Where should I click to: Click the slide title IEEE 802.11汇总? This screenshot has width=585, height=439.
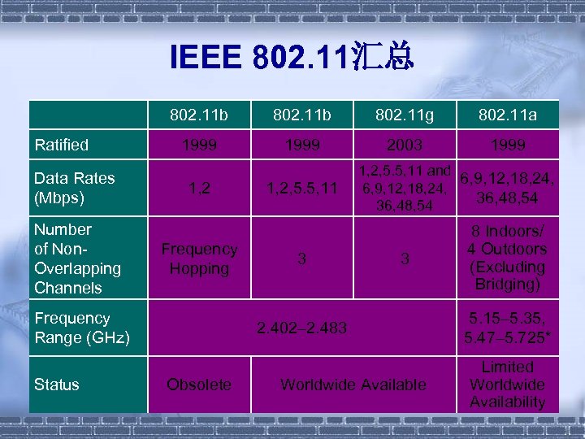(x=292, y=58)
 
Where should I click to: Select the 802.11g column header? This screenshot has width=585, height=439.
(x=405, y=116)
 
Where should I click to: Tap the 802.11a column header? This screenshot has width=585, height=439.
(x=508, y=116)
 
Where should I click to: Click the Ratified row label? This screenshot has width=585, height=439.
(x=61, y=145)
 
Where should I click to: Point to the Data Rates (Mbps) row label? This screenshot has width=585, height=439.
(x=75, y=188)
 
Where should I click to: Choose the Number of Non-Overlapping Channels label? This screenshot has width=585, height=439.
(x=77, y=259)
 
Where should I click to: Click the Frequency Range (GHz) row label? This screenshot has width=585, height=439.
(x=81, y=328)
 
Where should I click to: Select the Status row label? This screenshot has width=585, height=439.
(x=57, y=384)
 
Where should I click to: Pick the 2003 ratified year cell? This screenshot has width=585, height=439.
(x=405, y=146)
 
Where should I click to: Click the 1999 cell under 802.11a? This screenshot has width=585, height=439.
(x=508, y=146)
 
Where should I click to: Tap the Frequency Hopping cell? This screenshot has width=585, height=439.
(x=199, y=259)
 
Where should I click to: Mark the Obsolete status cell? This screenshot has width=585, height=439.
(x=198, y=384)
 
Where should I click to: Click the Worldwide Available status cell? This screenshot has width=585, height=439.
(x=353, y=384)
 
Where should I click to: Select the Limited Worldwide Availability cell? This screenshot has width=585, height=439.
(x=508, y=384)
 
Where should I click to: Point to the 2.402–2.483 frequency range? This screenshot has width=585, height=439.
(x=301, y=328)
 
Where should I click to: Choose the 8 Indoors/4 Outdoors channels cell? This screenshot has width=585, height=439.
(x=508, y=258)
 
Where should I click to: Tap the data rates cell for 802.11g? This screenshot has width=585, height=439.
(x=403, y=189)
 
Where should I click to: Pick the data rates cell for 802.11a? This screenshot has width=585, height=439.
(x=508, y=188)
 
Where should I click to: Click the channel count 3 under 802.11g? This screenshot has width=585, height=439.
(x=405, y=259)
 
